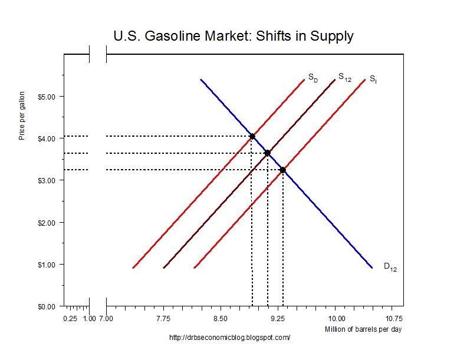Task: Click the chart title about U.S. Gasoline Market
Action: point(233,36)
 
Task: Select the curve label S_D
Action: point(313,77)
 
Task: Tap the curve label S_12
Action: point(344,77)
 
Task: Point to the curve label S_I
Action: point(373,78)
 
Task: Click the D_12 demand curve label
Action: point(390,266)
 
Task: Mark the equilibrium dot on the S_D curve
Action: point(252,137)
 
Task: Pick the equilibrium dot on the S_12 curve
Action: point(268,153)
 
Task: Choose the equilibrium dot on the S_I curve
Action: point(283,170)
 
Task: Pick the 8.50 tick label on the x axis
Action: point(221,319)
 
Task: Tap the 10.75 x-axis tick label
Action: point(393,319)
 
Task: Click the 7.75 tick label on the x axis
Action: point(163,319)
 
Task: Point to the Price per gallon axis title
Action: point(22,115)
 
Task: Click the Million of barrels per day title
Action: point(363,329)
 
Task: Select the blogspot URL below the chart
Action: point(230,338)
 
